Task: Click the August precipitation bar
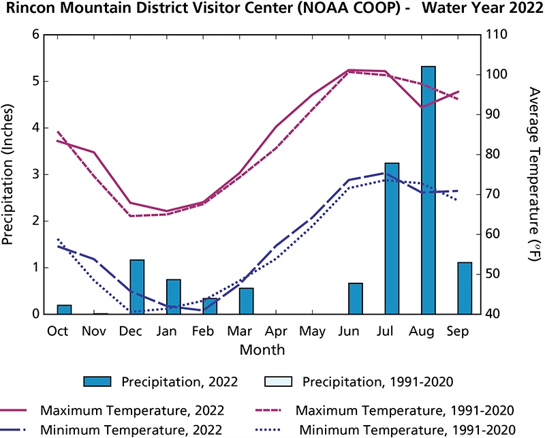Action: pos(428,190)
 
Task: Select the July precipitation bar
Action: pos(392,238)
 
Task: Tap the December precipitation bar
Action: pos(137,287)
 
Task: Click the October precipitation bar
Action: pos(64,309)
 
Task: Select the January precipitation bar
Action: pos(174,296)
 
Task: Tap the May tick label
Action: pos(312,331)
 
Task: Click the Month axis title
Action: pos(262,349)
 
